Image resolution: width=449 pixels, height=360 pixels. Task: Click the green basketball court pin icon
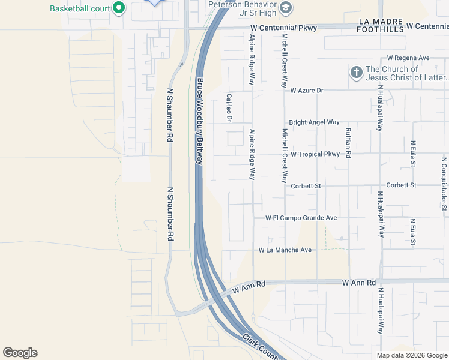coord(119,8)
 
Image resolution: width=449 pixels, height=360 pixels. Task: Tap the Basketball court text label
coord(80,8)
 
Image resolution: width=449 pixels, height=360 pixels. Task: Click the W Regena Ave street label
coord(408,58)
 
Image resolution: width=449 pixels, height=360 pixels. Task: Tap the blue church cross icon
coord(356,73)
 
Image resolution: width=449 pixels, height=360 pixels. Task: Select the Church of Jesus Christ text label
coord(405,73)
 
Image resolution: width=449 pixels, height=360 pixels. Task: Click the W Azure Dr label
coord(307,91)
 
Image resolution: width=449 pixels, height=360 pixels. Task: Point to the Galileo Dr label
coord(229,107)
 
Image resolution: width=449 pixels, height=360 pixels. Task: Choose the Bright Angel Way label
coord(314,122)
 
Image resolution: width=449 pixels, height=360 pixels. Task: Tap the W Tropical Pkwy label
coord(315,154)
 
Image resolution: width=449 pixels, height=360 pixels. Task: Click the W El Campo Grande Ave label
coord(301,218)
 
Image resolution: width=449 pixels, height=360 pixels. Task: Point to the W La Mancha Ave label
coord(285,250)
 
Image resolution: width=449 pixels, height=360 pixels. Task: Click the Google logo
coord(20,353)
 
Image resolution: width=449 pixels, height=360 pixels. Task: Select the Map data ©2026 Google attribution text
coord(411,355)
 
